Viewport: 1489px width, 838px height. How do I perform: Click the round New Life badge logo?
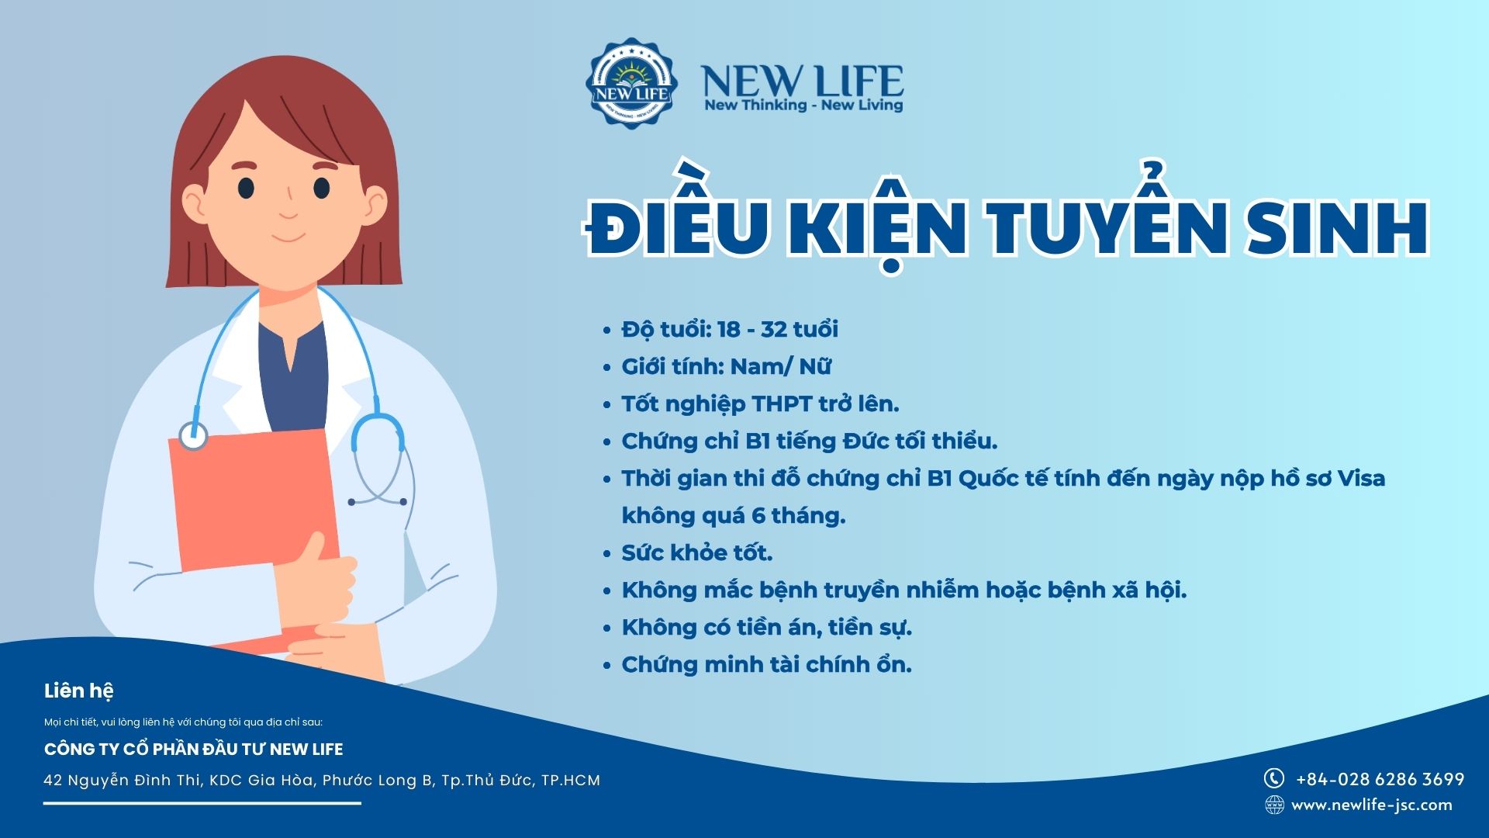tap(631, 83)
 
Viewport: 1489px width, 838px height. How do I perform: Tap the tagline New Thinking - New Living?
tap(803, 105)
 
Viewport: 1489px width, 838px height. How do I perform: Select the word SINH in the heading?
tap(1337, 227)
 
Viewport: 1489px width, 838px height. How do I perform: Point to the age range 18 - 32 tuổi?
tap(778, 329)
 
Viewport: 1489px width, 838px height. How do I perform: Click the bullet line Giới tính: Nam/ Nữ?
tap(727, 366)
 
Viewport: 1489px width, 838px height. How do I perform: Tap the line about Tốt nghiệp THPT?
tap(760, 404)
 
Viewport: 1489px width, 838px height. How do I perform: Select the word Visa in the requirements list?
tap(1361, 478)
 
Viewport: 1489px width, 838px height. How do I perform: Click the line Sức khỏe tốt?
tap(697, 552)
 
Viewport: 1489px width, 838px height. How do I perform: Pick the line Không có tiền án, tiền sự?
tap(767, 627)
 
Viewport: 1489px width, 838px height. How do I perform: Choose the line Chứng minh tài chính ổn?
tap(767, 664)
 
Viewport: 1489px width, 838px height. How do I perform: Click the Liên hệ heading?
tap(79, 691)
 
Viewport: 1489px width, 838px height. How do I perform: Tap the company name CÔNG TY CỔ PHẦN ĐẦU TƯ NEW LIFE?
tap(194, 749)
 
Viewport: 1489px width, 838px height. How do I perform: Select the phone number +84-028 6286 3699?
tap(1380, 779)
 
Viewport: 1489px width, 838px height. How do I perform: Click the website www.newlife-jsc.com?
tap(1372, 805)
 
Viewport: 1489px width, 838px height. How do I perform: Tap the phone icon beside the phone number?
tap(1274, 778)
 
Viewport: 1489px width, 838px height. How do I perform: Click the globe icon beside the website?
tap(1274, 805)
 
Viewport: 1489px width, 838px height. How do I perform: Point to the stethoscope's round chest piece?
tap(193, 435)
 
